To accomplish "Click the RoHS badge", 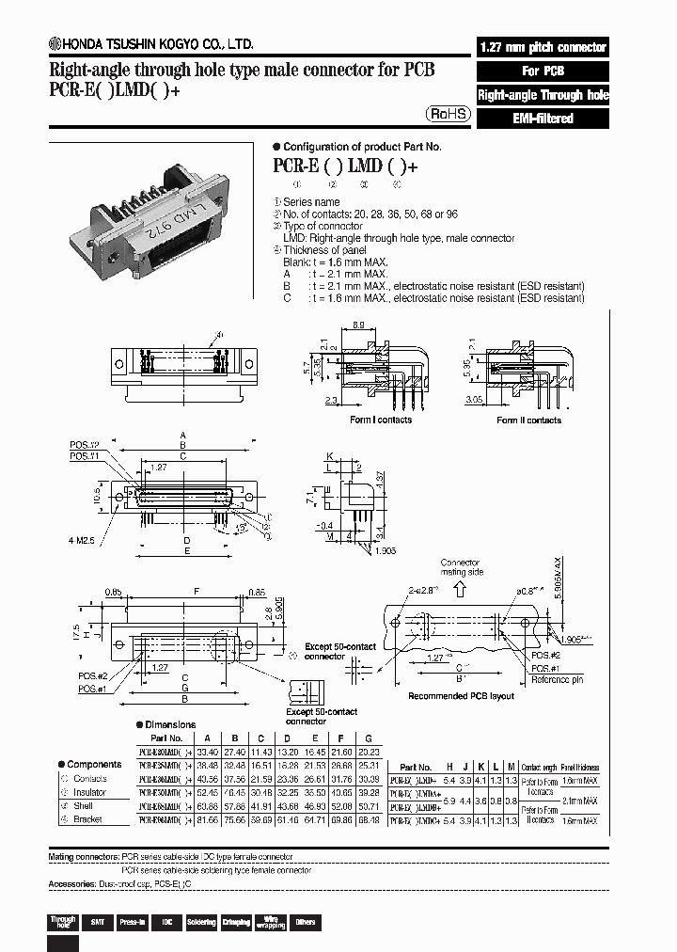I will tap(448, 113).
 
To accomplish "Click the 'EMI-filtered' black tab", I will tap(543, 119).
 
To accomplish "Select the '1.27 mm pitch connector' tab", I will tap(543, 47).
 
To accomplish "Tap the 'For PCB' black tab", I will tap(543, 71).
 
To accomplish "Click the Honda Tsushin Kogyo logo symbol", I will tap(55, 44).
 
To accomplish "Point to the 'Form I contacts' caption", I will tap(381, 420).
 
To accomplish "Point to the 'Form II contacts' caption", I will tap(528, 420).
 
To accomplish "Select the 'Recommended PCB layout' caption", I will tap(461, 696).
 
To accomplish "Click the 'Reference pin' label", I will tap(556, 679).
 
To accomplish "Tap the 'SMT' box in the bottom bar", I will tap(96, 922).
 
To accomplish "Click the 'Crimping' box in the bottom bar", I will tap(236, 922).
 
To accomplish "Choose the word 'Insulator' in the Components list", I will tap(90, 792).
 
